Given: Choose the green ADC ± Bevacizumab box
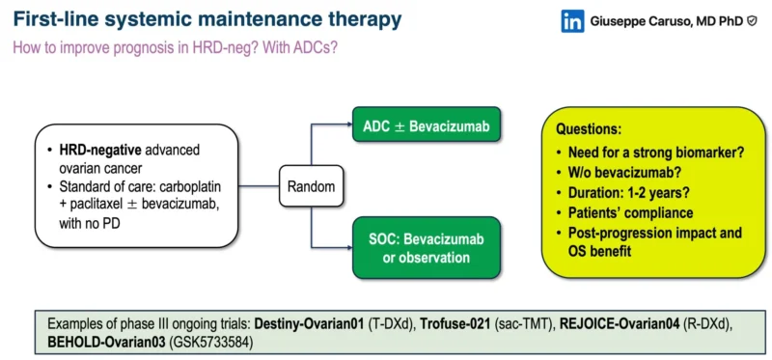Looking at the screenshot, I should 426,125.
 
